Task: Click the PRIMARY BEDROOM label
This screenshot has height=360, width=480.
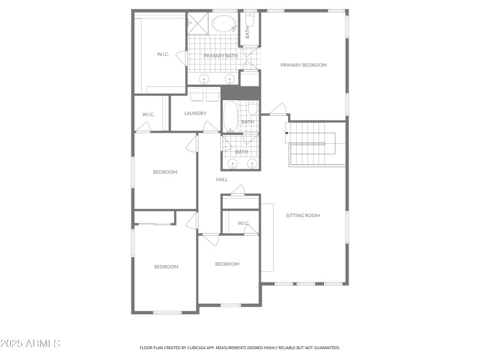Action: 303,65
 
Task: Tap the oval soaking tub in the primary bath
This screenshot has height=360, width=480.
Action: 223,25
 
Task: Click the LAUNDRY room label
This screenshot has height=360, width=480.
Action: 196,113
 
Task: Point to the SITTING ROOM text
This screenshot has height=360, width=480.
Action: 302,215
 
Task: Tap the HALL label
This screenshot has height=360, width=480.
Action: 222,179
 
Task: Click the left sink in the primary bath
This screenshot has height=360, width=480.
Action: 203,79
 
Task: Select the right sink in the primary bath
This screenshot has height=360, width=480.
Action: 229,79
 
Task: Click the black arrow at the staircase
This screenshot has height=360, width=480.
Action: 287,133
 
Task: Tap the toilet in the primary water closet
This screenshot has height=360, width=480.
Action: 250,22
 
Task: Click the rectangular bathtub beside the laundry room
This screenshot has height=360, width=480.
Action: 230,116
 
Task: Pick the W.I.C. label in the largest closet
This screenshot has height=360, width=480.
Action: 163,54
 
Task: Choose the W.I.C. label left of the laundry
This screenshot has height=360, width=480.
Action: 148,114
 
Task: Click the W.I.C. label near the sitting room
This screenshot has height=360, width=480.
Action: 243,223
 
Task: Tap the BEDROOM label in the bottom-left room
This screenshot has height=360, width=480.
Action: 166,266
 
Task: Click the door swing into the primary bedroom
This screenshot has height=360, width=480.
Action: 277,109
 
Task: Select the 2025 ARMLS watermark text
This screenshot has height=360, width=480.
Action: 30,344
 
